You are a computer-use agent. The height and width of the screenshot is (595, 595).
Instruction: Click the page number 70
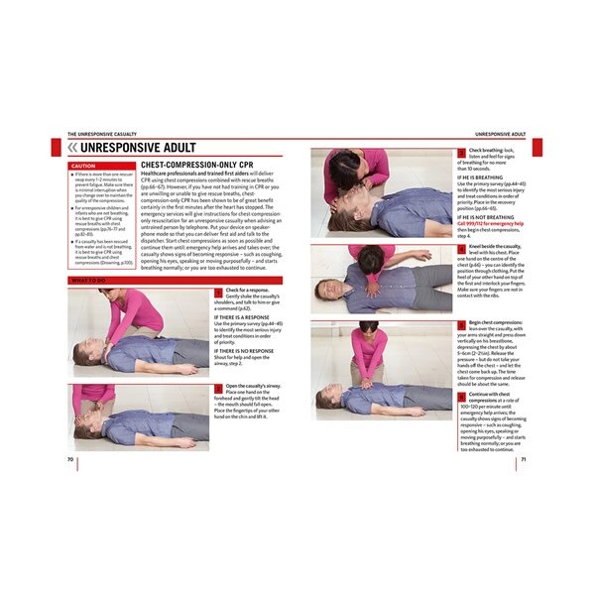70,459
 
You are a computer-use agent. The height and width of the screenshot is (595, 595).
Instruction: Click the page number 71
524,459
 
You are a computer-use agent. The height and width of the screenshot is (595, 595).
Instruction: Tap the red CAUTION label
84,167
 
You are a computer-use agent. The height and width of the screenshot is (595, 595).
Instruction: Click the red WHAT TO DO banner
89,281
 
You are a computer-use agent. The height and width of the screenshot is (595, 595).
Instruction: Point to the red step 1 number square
218,291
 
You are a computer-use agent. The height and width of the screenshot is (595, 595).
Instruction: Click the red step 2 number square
218,386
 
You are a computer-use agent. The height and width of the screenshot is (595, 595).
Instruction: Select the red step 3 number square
461,152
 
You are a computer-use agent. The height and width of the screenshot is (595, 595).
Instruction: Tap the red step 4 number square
461,245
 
